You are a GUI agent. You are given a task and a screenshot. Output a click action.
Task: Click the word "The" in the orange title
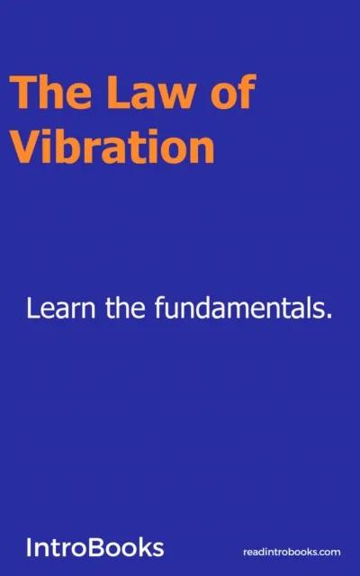(x=43, y=94)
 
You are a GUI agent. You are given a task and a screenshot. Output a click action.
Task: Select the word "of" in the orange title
(x=230, y=94)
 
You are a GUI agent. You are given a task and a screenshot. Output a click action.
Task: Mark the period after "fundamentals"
(x=330, y=319)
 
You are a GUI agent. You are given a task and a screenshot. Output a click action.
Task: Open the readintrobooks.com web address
(x=292, y=551)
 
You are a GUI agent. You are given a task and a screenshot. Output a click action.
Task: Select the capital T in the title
(x=22, y=94)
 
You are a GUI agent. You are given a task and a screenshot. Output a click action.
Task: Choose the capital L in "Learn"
(x=32, y=310)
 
